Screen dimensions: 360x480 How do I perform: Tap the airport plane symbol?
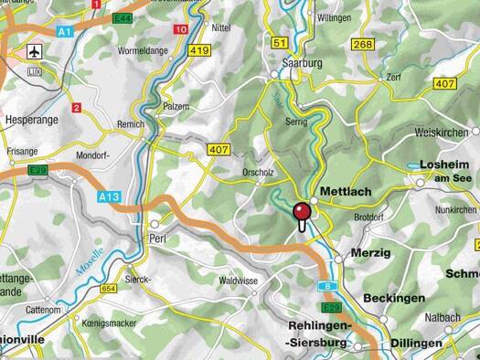[37, 49]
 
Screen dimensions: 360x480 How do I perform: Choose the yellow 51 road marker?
[281, 43]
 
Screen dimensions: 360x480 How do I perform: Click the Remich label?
[132, 124]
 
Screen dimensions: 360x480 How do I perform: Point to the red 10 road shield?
[181, 30]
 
